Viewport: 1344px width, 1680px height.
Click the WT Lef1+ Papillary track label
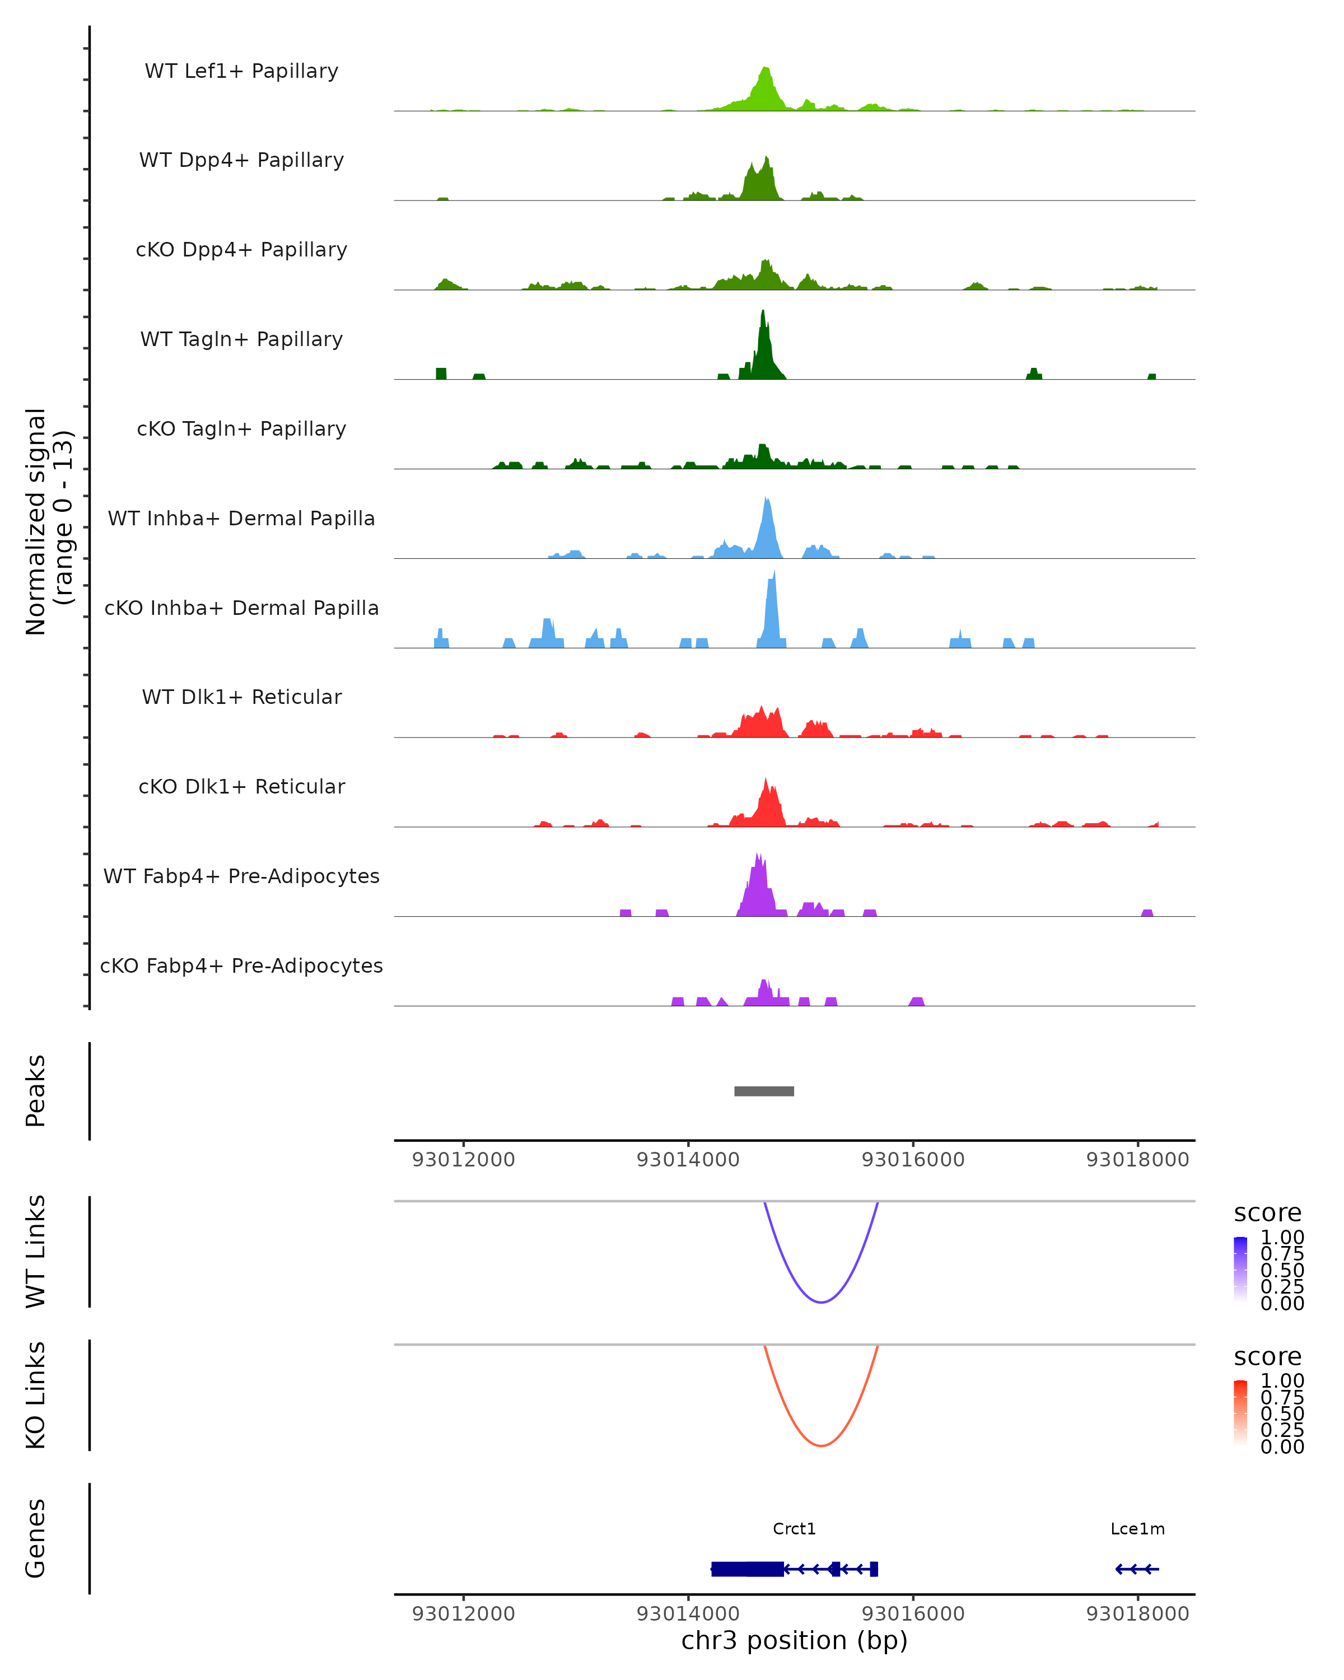tap(241, 71)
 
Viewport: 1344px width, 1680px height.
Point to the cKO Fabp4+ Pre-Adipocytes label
tap(241, 965)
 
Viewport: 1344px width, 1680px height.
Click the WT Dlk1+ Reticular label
tap(241, 697)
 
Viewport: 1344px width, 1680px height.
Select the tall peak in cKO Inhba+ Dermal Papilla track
tap(772, 608)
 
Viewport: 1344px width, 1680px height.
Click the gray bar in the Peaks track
tap(763, 1091)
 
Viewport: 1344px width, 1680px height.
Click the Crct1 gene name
tap(794, 1529)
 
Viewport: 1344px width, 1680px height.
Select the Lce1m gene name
tap(1137, 1529)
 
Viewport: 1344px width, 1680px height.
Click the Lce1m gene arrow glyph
tap(1137, 1569)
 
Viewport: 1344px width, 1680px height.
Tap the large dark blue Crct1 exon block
tap(746, 1569)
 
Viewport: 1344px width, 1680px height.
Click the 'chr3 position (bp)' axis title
tap(794, 1640)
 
